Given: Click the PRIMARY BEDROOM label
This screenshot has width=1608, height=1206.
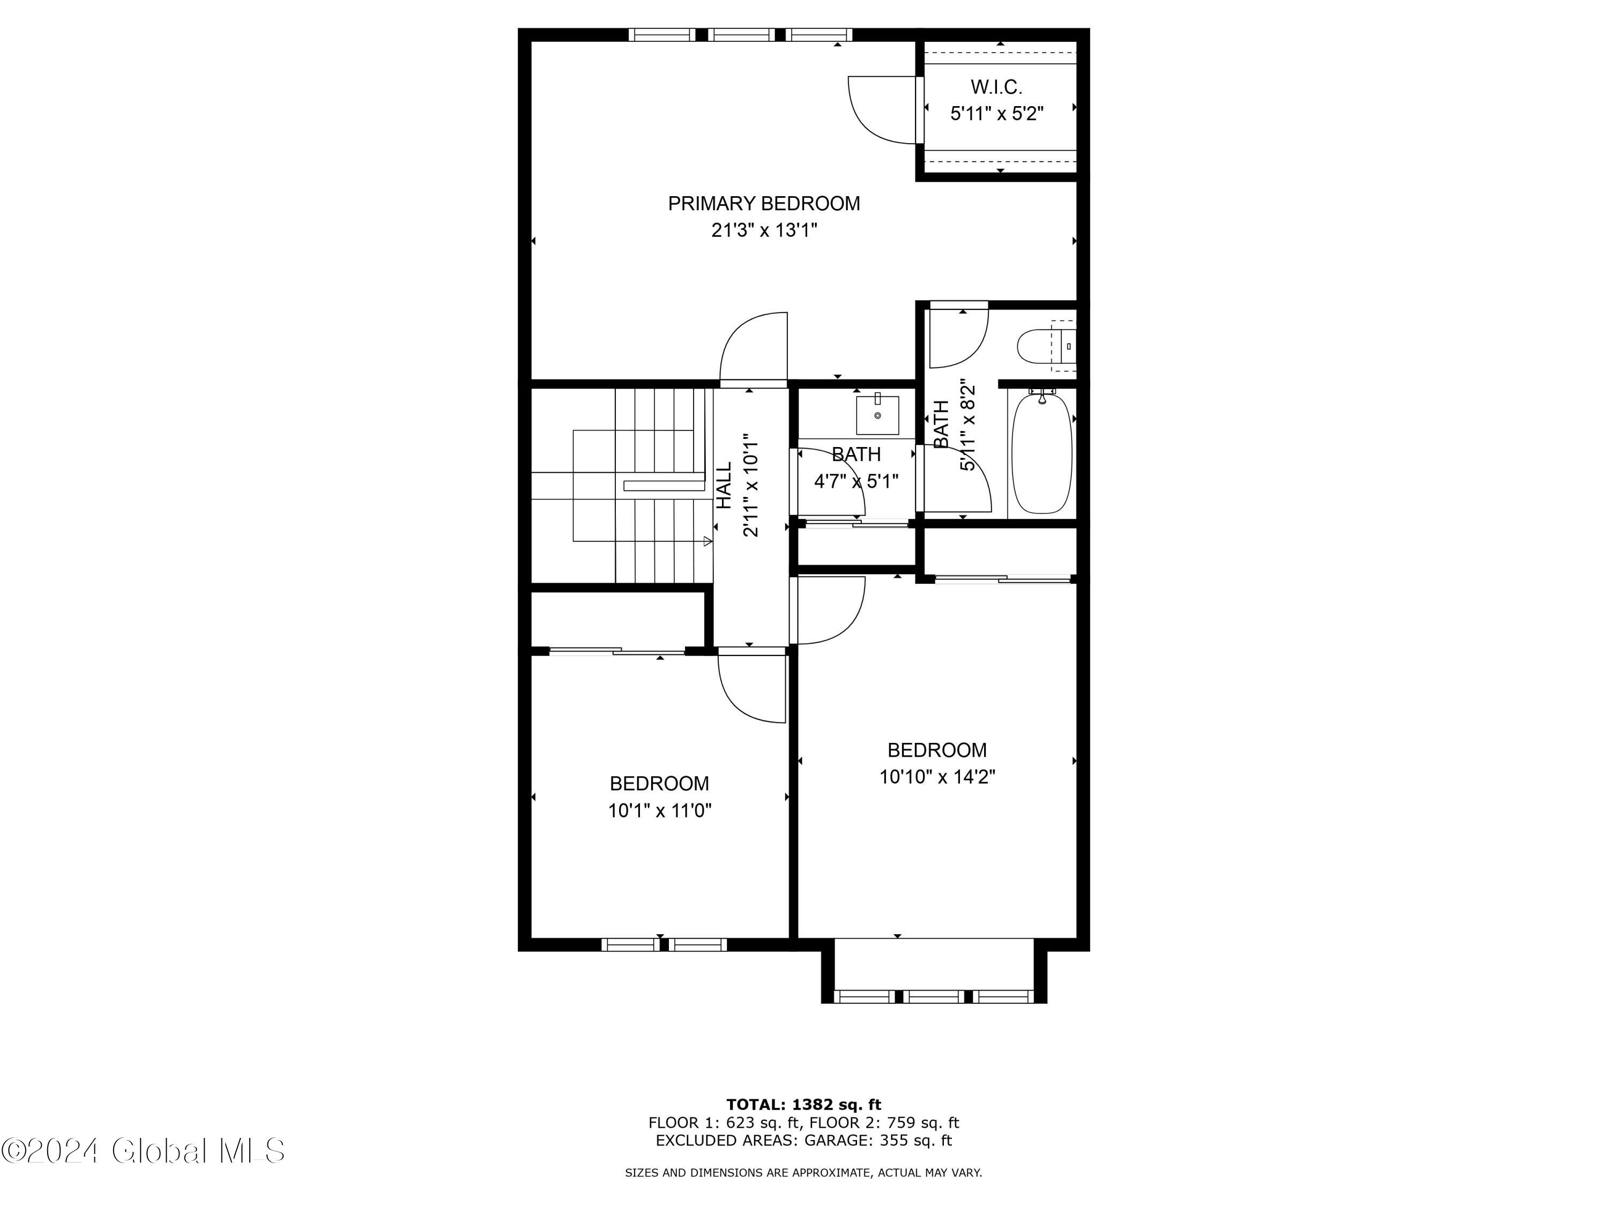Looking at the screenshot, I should point(763,204).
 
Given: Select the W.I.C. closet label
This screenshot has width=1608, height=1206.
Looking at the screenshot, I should point(996,87).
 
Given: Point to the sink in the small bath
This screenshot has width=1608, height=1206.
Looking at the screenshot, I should point(877,415).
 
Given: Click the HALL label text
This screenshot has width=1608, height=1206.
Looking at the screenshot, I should point(725,485).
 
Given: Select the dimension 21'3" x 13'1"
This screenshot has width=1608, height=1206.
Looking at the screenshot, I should point(764,230).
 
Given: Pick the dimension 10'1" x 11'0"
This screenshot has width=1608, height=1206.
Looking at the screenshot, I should point(659,810).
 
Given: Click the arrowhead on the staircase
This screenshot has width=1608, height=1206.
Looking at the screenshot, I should point(708,541).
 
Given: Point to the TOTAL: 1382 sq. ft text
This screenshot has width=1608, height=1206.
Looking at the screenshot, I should point(803,1105).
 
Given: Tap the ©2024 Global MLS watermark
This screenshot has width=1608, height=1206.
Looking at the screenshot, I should point(143,1151).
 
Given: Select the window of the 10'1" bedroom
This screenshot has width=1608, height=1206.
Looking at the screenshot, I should point(663,944).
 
